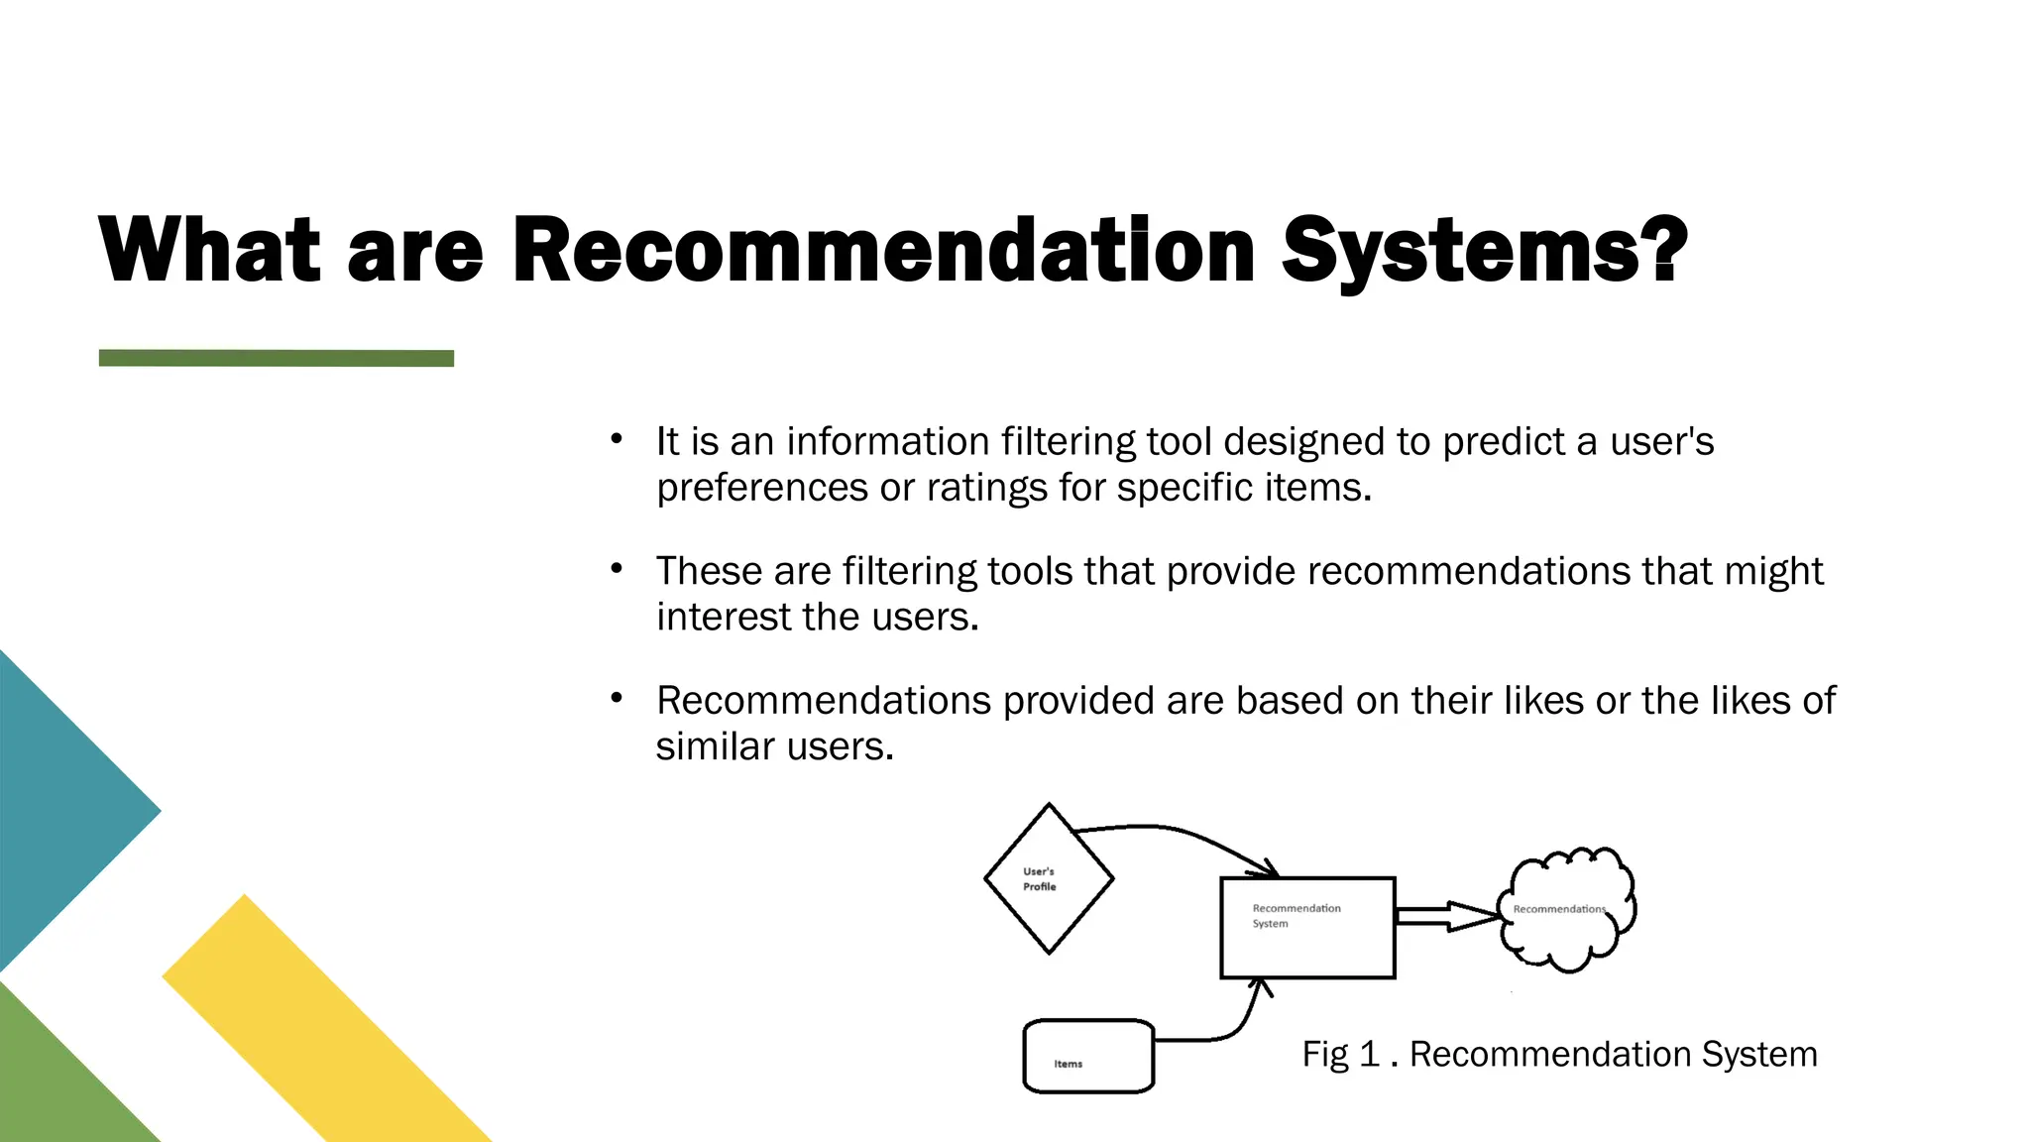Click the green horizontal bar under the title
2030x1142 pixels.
(x=276, y=358)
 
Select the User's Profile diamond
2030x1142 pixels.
(x=1049, y=878)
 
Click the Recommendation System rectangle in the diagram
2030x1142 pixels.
(x=1307, y=928)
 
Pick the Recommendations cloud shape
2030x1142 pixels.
(x=1567, y=909)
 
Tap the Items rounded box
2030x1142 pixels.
(x=1088, y=1057)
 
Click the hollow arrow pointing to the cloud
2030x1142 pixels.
(x=1447, y=916)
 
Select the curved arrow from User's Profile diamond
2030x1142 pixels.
(x=1180, y=834)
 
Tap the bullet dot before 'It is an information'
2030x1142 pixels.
(x=617, y=438)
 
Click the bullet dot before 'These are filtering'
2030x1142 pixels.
(x=617, y=568)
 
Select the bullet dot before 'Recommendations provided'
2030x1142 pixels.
(x=617, y=698)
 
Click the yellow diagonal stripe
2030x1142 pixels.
(x=327, y=1021)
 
